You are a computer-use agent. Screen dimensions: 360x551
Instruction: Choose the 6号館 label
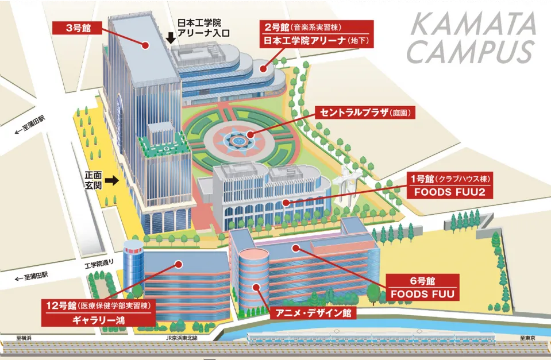click(x=423, y=281)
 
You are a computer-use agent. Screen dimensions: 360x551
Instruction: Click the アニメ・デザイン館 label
click(x=313, y=313)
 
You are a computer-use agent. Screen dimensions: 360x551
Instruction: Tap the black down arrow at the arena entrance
click(x=171, y=38)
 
